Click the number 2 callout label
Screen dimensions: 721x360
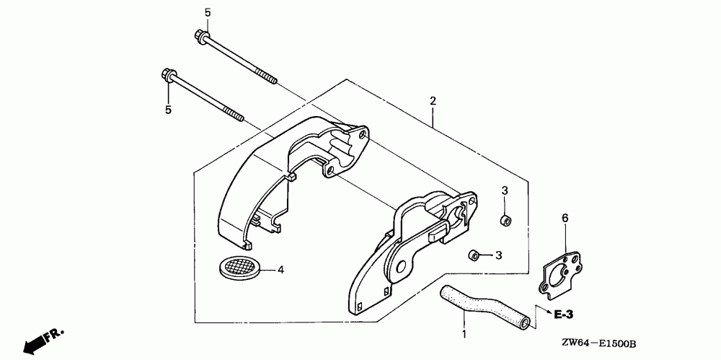pos(432,101)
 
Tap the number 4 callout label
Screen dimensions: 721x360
pos(281,270)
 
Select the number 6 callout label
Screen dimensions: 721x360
pos(565,216)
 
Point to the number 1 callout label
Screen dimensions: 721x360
pos(464,335)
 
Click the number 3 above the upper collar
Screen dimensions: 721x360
pos(505,190)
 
